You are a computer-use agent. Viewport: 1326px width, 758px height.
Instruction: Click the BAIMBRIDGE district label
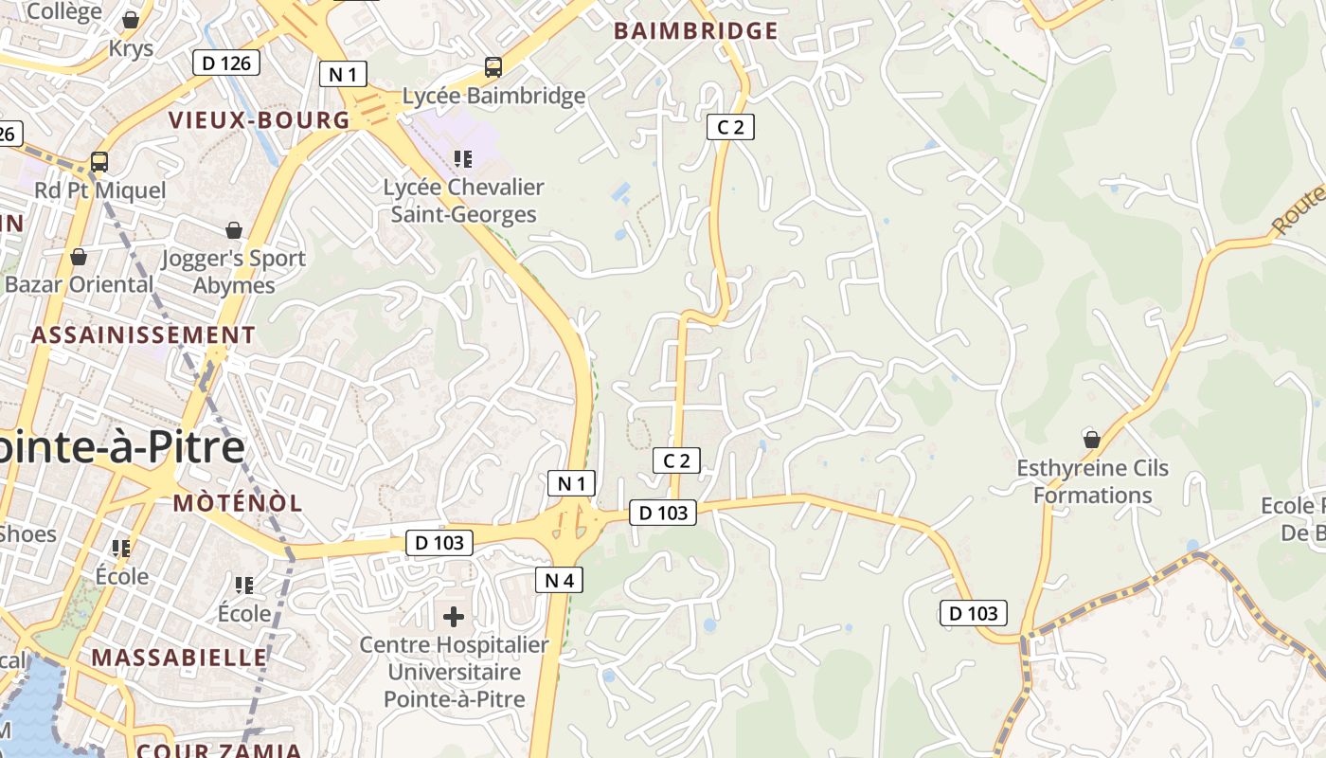tap(696, 31)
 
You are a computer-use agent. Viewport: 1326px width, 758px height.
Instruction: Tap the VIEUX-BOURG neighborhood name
tap(260, 120)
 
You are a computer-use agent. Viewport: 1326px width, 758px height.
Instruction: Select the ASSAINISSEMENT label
tap(143, 335)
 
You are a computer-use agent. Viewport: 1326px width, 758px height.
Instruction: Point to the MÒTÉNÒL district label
tap(238, 503)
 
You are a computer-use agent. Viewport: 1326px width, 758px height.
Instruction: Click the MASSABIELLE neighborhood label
tap(179, 658)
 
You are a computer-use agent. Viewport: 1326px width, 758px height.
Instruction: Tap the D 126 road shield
tap(226, 63)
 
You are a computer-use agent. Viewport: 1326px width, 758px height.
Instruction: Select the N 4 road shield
tap(559, 580)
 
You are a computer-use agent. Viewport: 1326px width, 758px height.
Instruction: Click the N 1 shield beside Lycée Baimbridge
tap(343, 74)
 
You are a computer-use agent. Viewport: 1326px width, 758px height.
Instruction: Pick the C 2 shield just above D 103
tap(676, 461)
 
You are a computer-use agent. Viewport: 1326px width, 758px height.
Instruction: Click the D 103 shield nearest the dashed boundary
tap(974, 613)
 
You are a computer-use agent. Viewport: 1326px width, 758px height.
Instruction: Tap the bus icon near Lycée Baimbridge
tap(493, 67)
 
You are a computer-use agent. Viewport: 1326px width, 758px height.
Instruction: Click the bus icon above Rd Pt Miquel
tap(99, 162)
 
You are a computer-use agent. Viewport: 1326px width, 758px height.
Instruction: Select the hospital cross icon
tap(454, 617)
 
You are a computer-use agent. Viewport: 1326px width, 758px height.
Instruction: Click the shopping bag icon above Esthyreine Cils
tap(1092, 439)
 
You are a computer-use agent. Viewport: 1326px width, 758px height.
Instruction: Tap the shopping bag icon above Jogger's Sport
tap(233, 230)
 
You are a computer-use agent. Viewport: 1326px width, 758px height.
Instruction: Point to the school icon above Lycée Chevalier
tap(462, 158)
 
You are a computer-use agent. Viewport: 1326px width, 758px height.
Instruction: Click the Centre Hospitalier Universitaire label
tap(454, 672)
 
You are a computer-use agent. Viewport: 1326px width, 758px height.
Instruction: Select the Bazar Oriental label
tap(79, 284)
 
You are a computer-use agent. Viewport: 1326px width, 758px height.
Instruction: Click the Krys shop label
tap(131, 48)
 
